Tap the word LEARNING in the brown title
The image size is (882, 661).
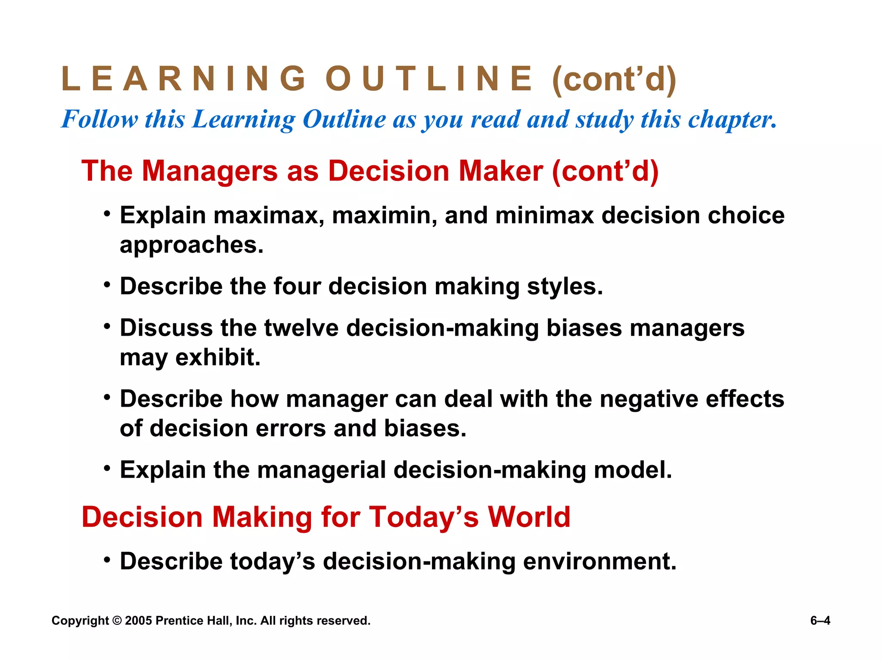183,79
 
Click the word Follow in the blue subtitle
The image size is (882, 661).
99,119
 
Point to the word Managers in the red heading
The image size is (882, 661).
210,171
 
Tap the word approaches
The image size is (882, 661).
191,245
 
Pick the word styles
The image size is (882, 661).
565,286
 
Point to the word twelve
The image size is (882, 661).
301,328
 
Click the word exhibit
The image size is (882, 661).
218,357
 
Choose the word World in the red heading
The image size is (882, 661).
529,517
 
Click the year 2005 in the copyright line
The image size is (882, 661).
138,621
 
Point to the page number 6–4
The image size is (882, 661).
820,621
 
